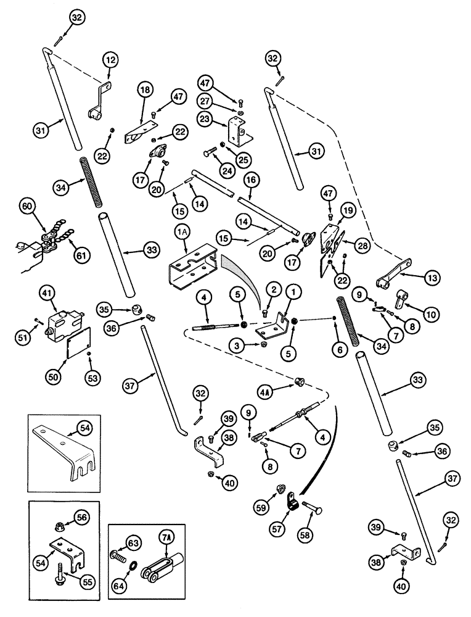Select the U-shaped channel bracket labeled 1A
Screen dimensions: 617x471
pos(191,269)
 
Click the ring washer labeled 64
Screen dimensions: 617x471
pos(134,565)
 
